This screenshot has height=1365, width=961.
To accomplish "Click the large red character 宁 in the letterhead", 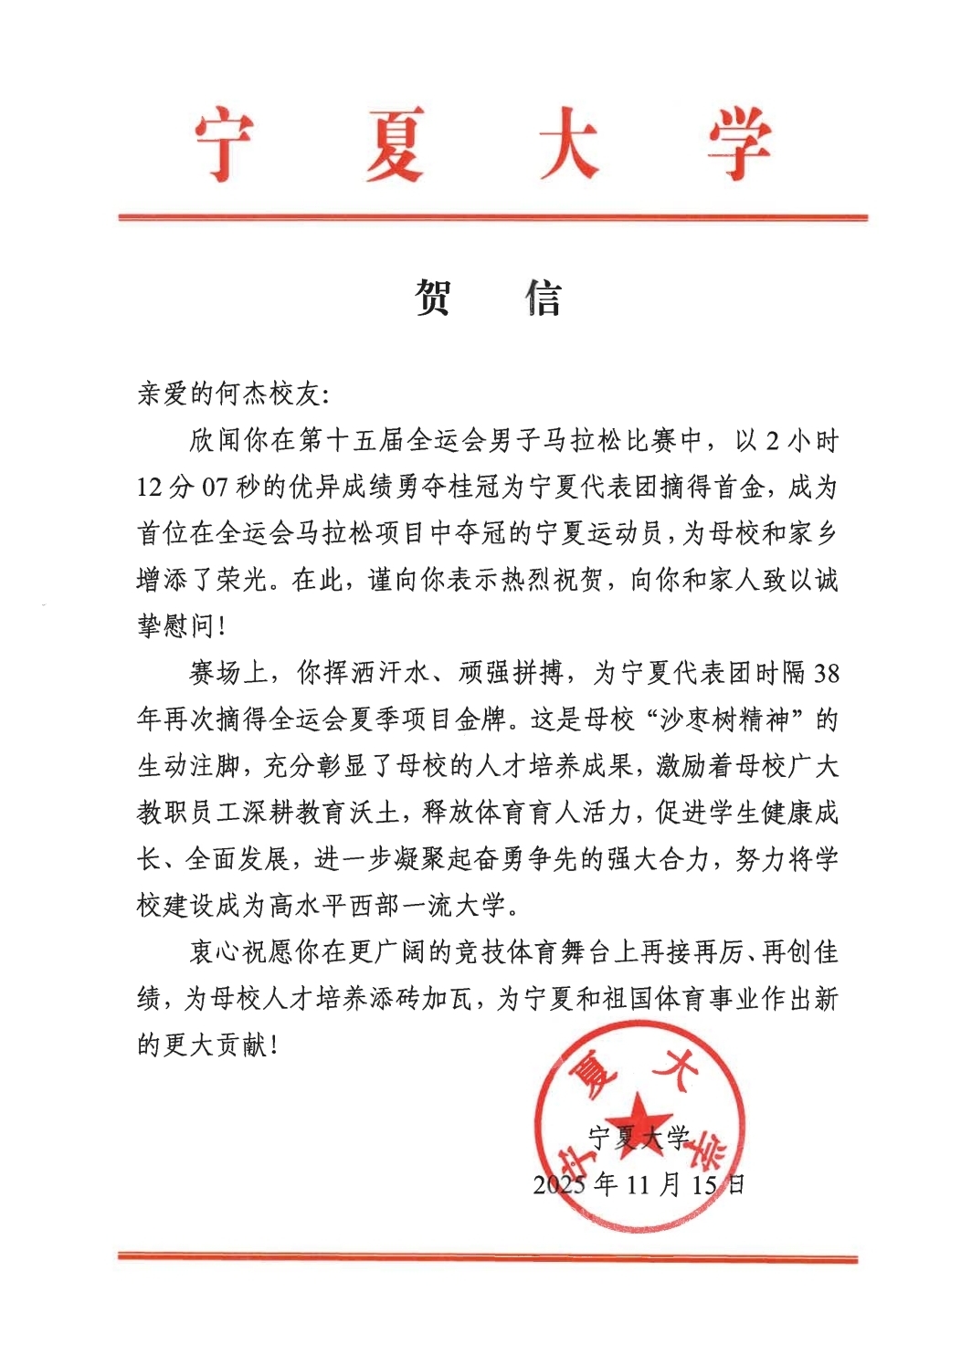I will click(x=225, y=145).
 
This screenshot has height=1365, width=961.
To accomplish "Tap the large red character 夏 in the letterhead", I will click(x=395, y=145).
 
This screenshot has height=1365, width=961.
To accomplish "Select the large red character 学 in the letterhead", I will click(x=738, y=145).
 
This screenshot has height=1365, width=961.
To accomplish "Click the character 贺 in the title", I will click(x=433, y=298).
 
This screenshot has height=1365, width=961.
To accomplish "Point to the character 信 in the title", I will click(x=544, y=298).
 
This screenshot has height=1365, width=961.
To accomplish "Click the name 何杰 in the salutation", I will click(x=242, y=394).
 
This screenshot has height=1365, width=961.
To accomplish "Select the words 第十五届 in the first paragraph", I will click(x=352, y=441).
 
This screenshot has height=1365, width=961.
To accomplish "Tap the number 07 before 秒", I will click(x=214, y=488).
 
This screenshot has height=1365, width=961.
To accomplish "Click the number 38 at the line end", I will click(x=825, y=674).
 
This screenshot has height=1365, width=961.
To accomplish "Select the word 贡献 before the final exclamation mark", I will click(x=242, y=1045).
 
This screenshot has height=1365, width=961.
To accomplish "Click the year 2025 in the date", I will click(x=559, y=1185).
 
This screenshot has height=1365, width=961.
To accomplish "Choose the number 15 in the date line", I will click(x=704, y=1185).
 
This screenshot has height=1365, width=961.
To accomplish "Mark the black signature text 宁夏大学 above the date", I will click(x=639, y=1138).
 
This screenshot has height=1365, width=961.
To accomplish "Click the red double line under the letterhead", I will click(x=492, y=217).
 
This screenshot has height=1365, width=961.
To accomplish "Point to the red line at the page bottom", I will click(x=488, y=1258).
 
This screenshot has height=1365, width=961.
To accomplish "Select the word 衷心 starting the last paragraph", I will click(x=216, y=952).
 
